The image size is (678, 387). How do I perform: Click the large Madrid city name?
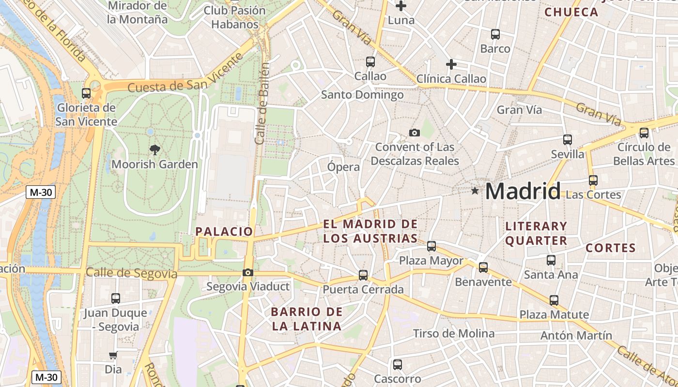(x=523, y=192)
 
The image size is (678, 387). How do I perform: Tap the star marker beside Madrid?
(x=475, y=191)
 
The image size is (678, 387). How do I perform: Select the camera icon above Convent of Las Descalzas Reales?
(x=415, y=133)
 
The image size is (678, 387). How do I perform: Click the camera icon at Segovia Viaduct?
(x=248, y=273)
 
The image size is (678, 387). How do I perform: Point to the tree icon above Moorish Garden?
(x=155, y=149)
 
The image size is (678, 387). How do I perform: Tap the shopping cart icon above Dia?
(x=113, y=356)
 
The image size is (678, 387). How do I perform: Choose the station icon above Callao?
(x=370, y=62)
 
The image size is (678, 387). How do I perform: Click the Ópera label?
(x=343, y=167)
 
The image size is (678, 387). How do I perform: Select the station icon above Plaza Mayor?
(x=431, y=246)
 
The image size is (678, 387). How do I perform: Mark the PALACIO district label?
(x=224, y=232)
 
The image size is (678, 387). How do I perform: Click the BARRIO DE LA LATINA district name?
(x=307, y=319)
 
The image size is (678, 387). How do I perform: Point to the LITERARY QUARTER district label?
(x=536, y=233)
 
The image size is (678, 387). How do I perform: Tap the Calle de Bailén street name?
(x=262, y=104)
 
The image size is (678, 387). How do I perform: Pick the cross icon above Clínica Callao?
(x=451, y=64)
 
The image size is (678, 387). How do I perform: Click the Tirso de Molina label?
(x=454, y=333)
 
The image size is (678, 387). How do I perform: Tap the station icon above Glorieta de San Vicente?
(x=86, y=93)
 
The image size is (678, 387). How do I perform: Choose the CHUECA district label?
(x=572, y=12)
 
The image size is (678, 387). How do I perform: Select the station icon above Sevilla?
(x=568, y=140)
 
